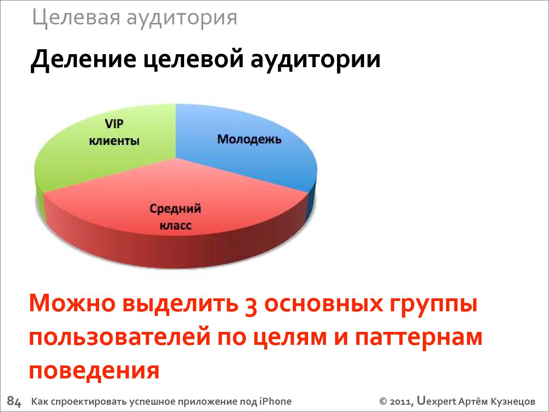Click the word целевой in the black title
(193, 59)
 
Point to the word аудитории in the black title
(315, 61)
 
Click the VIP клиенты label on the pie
(114, 132)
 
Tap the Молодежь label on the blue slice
(249, 139)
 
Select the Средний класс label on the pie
(175, 217)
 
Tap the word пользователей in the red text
(120, 338)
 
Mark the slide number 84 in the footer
(14, 401)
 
